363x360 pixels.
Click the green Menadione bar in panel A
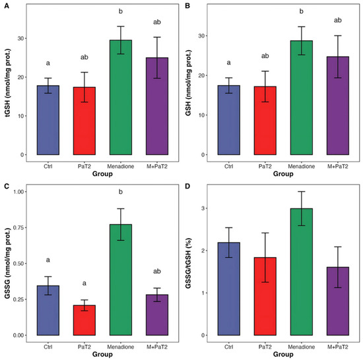click(x=121, y=98)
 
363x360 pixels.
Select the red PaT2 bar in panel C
click(x=84, y=320)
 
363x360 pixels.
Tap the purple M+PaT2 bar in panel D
click(x=338, y=301)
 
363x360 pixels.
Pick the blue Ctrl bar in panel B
click(x=229, y=120)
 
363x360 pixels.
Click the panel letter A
click(x=7, y=6)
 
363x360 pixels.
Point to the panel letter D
click(x=187, y=187)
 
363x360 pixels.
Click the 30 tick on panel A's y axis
click(x=20, y=38)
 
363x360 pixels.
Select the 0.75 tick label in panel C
click(x=18, y=227)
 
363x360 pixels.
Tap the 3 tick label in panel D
click(x=203, y=208)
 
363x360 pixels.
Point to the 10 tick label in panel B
click(x=201, y=115)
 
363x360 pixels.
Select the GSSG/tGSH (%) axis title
click(x=189, y=263)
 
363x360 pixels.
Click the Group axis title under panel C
click(x=102, y=354)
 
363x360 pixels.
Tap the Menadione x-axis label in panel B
click(x=302, y=166)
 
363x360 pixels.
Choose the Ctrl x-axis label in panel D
click(x=229, y=347)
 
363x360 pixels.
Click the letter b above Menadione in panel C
click(x=121, y=192)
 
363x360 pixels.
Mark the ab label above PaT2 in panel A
click(x=84, y=57)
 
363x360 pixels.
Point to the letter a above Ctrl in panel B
click(x=229, y=63)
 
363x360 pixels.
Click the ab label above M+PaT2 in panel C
click(x=157, y=271)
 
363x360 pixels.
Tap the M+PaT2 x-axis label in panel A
click(x=157, y=166)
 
